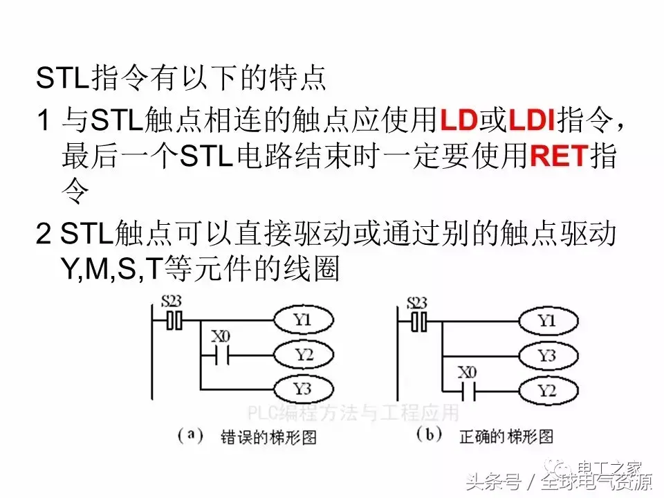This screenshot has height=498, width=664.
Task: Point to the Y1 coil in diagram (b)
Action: (x=546, y=321)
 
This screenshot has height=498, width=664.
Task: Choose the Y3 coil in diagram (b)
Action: (x=546, y=356)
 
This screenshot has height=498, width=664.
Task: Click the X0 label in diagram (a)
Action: (x=219, y=338)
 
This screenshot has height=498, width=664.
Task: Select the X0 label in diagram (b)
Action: (x=468, y=373)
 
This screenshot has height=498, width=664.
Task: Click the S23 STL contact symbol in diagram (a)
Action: (x=174, y=322)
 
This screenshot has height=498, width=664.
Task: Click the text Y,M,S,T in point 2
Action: (x=111, y=270)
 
